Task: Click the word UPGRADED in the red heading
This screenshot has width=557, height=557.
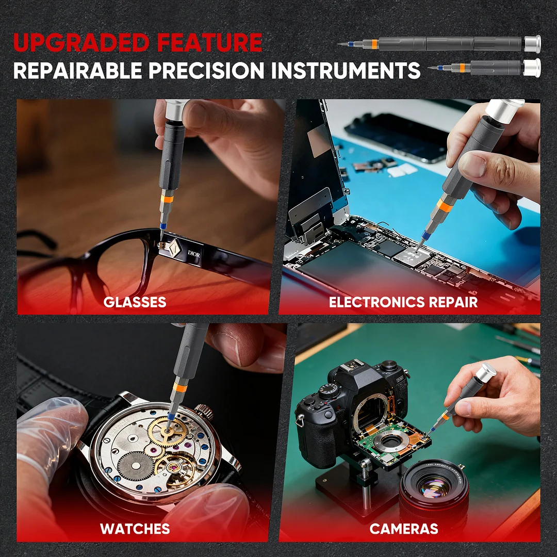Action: pyautogui.click(x=81, y=42)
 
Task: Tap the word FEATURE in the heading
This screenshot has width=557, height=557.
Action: pyautogui.click(x=209, y=42)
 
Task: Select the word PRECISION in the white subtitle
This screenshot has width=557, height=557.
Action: pyautogui.click(x=206, y=70)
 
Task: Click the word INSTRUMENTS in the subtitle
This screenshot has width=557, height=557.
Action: pyautogui.click(x=346, y=70)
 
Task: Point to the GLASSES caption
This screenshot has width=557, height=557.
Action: pyautogui.click(x=135, y=302)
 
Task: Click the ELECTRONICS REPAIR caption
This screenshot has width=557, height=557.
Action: pyautogui.click(x=403, y=302)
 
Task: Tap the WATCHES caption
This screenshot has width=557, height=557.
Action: pyautogui.click(x=135, y=529)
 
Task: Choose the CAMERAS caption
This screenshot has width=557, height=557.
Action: pyautogui.click(x=404, y=529)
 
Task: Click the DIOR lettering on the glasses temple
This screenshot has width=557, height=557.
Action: pyautogui.click(x=193, y=254)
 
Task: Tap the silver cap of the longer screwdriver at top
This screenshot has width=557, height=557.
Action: pyautogui.click(x=532, y=44)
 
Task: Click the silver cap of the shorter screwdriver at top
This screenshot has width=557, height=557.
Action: pyautogui.click(x=532, y=68)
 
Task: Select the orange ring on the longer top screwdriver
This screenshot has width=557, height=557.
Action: pyautogui.click(x=374, y=44)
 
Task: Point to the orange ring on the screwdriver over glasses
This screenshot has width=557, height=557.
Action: pyautogui.click(x=167, y=199)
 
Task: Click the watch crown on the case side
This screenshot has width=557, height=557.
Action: pyautogui.click(x=204, y=412)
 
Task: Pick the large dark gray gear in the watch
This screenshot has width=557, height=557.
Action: pyautogui.click(x=135, y=466)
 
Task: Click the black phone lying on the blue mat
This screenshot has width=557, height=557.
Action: pyautogui.click(x=396, y=137)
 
